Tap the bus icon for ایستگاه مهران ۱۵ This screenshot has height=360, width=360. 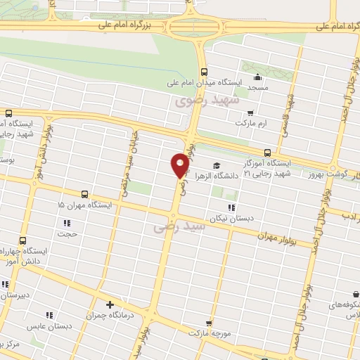pos(84,194)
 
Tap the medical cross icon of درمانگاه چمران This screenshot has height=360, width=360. pos(109,304)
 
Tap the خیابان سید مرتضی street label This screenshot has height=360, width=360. pos(136,150)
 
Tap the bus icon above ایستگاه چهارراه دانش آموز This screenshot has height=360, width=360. pos(23,240)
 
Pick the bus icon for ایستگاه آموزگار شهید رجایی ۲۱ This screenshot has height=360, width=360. pos(267,153)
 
